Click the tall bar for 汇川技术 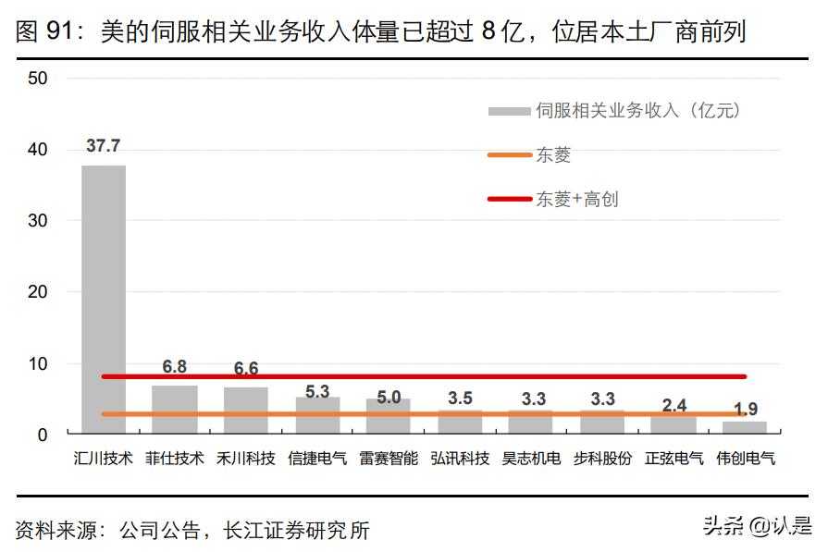point(104,296)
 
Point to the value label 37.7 point(104,146)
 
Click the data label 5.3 point(317,391)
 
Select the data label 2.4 point(676,404)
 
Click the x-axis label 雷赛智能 point(389,458)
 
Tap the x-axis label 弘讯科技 point(461,458)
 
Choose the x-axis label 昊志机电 point(532,458)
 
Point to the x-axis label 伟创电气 point(747,458)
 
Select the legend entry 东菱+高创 point(577,199)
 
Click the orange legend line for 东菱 point(510,155)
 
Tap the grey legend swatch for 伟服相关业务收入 point(510,111)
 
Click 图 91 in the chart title point(45,32)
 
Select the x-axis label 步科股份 point(603,458)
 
